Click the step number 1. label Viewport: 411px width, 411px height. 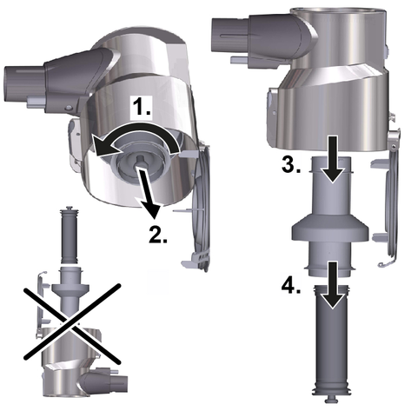pos(141,106)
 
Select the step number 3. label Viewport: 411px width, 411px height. pos(291,165)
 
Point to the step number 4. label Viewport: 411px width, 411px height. pos(291,288)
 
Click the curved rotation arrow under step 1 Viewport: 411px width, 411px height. pos(136,128)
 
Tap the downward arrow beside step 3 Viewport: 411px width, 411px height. pos(332,159)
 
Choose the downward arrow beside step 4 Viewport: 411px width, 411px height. pos(332,285)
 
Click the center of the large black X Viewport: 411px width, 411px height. pos(71,323)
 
